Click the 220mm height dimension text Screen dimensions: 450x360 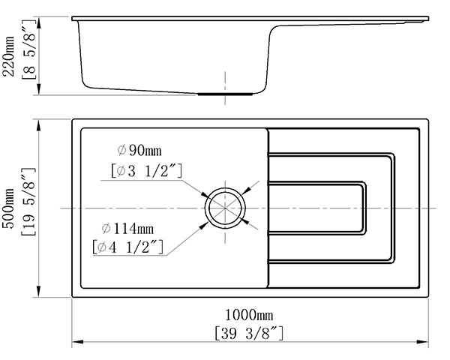(x=8, y=56)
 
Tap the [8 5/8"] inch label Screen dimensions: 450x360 (x=28, y=49)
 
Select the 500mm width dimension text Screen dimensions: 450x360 (x=8, y=208)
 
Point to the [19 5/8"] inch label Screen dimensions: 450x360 (x=28, y=202)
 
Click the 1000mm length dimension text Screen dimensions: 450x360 (x=249, y=315)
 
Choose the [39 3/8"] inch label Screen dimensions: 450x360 (x=249, y=333)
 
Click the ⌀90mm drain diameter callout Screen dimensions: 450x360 (x=139, y=150)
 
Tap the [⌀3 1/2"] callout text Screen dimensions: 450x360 (x=147, y=171)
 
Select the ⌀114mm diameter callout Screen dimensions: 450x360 (x=128, y=229)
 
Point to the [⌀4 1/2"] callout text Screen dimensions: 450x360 (x=128, y=247)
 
